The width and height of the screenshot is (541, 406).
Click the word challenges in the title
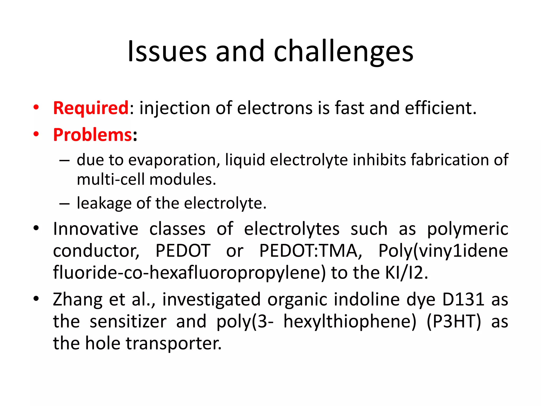pos(343,52)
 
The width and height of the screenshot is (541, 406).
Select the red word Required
pos(91,108)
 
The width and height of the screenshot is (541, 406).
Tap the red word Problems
pos(92,135)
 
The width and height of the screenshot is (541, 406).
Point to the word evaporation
pos(174,160)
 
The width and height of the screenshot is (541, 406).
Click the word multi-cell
pos(111,179)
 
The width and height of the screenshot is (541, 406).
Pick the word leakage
pos(104,203)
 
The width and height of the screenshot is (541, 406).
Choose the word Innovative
pos(96,229)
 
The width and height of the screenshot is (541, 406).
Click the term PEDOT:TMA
pos(311,251)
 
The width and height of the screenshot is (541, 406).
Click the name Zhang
pos(78,300)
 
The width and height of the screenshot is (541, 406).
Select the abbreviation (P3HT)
pos(454,322)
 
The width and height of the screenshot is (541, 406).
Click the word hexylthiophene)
pos(350,322)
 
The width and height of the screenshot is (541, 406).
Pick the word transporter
pos(174,343)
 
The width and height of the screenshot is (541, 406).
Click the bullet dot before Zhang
pos(36,299)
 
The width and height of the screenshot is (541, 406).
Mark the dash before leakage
pos(64,204)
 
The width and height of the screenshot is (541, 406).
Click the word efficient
pos(440,108)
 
